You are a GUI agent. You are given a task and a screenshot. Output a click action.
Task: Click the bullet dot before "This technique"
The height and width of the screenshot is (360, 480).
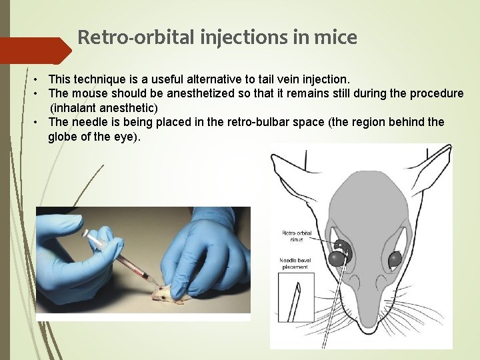pos(40,80)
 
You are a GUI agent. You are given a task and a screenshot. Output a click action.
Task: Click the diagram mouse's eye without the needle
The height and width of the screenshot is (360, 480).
pos(395,257)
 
